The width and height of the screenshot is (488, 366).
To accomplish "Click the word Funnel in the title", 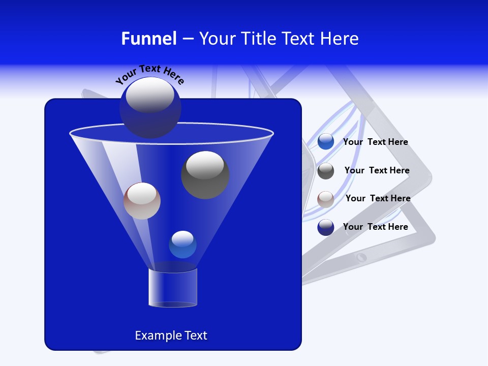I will coord(148,39).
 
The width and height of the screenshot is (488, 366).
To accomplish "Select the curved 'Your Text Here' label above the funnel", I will coord(150,74).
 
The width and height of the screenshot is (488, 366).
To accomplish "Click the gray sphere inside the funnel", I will coord(205,175).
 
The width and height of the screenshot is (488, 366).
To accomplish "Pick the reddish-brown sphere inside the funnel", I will coord(142,201).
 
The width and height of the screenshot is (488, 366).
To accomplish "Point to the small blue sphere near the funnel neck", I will coord(182,245).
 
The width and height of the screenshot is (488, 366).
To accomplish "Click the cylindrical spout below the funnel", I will coord(173,287).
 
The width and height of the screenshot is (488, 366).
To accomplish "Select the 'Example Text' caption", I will coord(171,335).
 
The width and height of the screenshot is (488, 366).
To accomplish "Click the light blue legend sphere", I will coord(326,142).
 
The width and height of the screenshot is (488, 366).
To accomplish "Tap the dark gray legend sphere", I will coord(326,171).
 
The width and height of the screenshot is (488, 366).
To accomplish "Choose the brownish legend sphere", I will coord(326,199).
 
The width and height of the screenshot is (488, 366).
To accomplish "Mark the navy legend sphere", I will coord(326,227).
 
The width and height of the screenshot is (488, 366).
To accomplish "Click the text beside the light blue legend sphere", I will coord(375,142).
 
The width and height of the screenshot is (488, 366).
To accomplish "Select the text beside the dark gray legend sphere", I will coord(377,171).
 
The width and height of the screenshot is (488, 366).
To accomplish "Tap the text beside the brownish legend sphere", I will coord(378,199).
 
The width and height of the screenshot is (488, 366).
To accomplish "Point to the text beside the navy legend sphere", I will coord(375,227).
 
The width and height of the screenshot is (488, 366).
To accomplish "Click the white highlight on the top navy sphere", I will coord(150,95).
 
